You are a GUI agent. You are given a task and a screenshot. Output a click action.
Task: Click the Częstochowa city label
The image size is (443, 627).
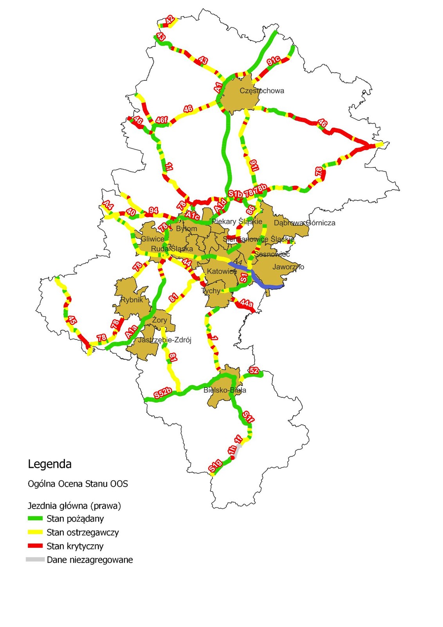(x=261, y=91)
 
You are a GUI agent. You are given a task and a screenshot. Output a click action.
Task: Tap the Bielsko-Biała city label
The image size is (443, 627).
(x=225, y=390)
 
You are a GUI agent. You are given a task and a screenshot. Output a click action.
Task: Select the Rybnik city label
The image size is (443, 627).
(x=131, y=300)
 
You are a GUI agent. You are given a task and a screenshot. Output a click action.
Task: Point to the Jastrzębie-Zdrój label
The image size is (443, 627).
(x=164, y=340)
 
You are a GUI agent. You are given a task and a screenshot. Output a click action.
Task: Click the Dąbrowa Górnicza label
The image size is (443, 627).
(x=304, y=223)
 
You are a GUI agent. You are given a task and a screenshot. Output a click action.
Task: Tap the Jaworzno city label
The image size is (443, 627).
(x=288, y=267)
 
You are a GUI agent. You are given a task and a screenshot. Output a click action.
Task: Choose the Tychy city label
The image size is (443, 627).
(x=211, y=291)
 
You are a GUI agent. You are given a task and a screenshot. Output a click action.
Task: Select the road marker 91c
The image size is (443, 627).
(x=273, y=61)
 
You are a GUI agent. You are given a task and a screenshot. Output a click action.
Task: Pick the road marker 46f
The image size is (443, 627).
(x=161, y=120)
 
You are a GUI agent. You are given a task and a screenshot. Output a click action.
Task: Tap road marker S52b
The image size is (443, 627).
(x=162, y=393)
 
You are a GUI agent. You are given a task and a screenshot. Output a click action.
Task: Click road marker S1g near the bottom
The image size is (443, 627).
(x=215, y=466)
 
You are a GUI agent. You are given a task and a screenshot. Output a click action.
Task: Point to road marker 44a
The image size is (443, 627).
(x=246, y=303)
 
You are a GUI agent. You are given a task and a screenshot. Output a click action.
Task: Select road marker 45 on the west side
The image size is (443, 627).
(x=72, y=320)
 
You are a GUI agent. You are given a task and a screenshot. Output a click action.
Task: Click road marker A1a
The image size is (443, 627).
(x=131, y=332)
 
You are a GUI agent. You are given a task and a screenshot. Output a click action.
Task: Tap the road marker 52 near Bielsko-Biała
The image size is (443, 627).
(x=254, y=370)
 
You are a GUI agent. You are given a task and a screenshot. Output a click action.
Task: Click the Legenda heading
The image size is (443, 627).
(x=50, y=464)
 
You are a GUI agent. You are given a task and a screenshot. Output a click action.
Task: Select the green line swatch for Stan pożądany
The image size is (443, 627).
(x=35, y=518)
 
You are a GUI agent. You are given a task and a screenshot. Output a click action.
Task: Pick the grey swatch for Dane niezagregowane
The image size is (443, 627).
(x=35, y=560)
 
